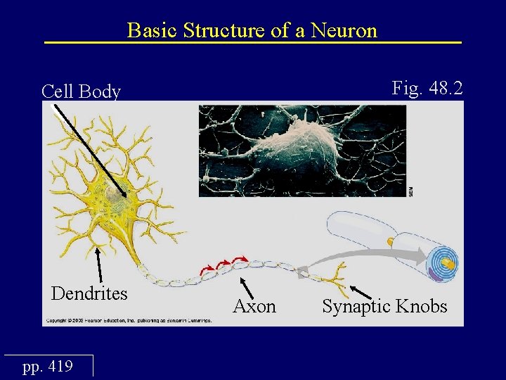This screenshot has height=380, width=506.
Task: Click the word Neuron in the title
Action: (344, 30)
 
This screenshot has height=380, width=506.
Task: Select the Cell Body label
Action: (81, 91)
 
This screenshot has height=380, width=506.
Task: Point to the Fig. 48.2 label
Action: (427, 88)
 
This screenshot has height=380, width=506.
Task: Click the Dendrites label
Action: (89, 293)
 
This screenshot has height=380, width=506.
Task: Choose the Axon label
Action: (254, 306)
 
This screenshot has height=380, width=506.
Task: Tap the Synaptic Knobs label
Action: (384, 306)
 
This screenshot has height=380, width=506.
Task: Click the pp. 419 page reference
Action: (48, 367)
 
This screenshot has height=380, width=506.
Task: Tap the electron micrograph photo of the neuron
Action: (302, 151)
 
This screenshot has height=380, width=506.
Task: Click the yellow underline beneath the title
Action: (253, 43)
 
